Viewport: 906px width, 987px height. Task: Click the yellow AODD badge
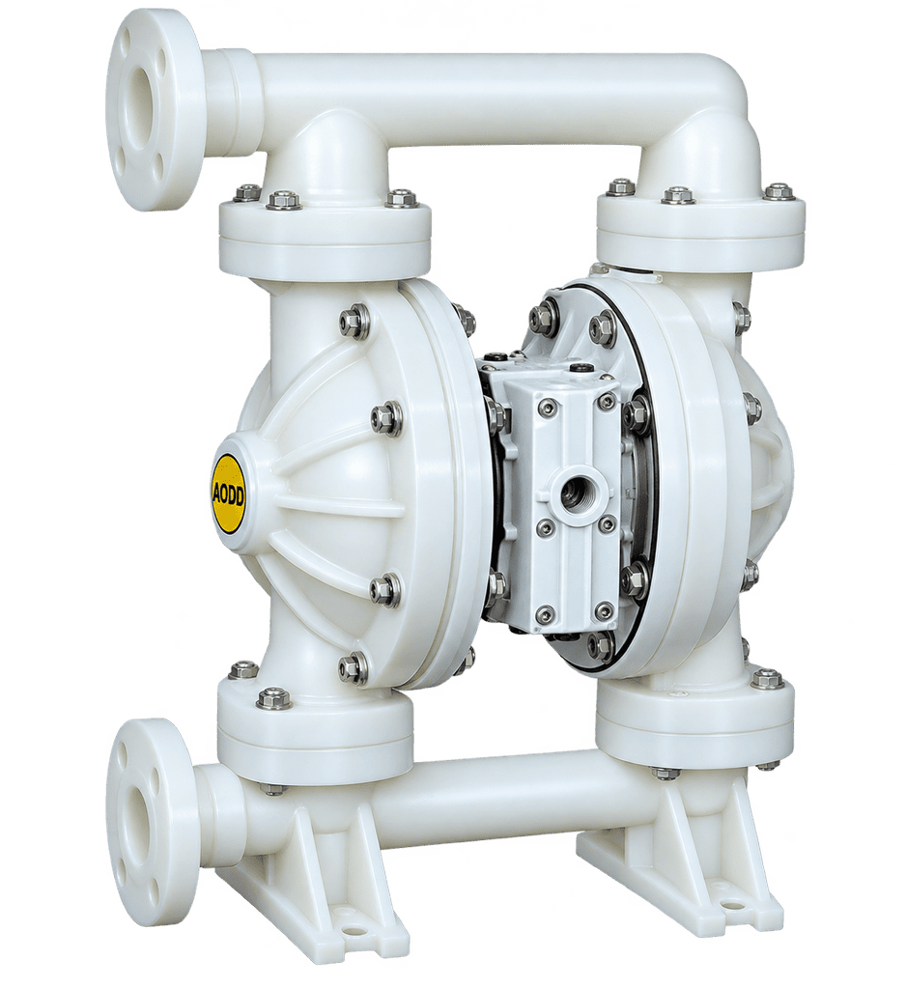pyautogui.click(x=229, y=493)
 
